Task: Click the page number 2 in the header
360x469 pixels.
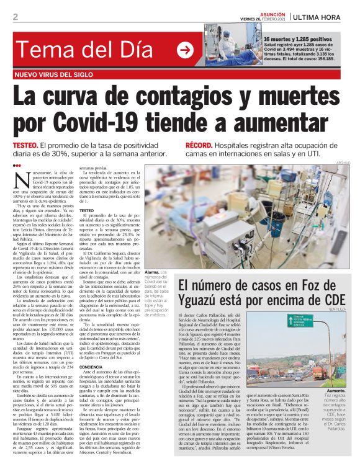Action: point(16,17)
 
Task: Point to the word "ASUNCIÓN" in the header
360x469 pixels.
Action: point(273,12)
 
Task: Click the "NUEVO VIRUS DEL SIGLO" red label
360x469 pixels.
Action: point(65,75)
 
